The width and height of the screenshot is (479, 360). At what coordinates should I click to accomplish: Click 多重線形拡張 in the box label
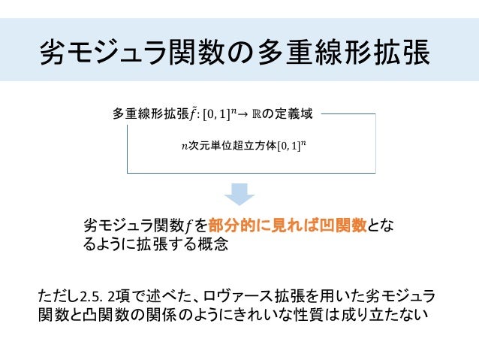[x=150, y=114]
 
